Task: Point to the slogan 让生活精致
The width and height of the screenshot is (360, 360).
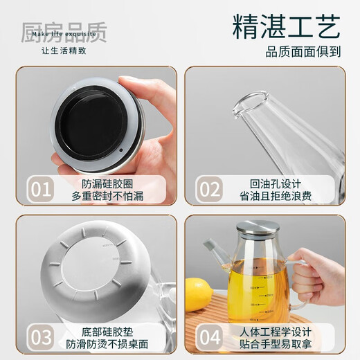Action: (64, 51)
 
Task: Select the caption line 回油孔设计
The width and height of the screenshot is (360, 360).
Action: (280, 183)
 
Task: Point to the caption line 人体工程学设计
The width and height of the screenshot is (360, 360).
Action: (280, 331)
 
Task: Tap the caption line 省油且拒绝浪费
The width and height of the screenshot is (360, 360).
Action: (280, 197)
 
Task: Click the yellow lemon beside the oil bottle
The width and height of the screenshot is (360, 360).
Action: (199, 294)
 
